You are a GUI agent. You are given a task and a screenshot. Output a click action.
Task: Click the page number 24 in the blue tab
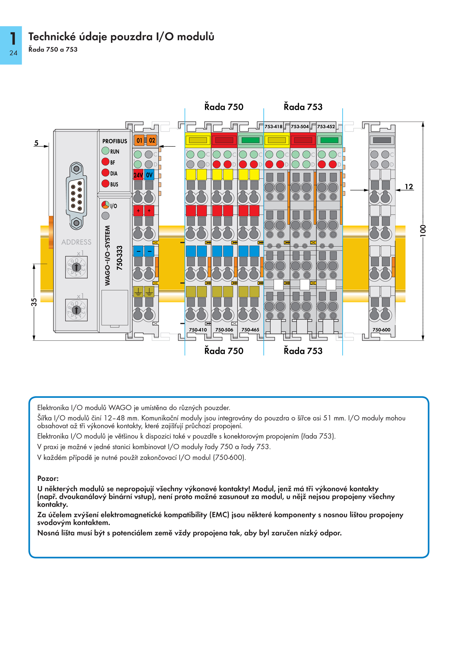pos(13,53)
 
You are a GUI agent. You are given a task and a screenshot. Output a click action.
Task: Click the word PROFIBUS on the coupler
pos(115,141)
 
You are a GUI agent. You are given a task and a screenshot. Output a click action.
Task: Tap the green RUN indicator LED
pos(106,151)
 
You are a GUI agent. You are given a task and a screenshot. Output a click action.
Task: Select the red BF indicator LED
pos(106,162)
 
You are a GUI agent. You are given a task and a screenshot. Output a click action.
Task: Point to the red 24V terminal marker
pos(138,175)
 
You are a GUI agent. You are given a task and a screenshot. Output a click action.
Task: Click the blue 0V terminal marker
pos(149,175)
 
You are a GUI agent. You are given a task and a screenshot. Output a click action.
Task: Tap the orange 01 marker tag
pos(139,140)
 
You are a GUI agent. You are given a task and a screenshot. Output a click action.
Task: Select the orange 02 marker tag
pos(152,140)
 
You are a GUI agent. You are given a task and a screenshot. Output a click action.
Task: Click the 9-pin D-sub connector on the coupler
pos(76,196)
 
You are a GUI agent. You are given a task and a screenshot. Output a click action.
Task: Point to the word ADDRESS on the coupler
pos(76,242)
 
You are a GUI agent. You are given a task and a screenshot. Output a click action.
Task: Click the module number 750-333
pos(120,258)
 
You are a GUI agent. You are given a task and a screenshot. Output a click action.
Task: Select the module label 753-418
pos(273,126)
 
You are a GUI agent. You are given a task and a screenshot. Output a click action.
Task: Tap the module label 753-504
pos(300,126)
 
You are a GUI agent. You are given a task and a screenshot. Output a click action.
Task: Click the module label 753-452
pos(326,126)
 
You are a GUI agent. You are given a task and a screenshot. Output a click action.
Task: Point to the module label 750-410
pos(198,330)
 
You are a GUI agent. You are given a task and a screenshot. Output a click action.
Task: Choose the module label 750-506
pos(224,330)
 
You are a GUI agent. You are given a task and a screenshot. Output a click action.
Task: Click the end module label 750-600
pos(382,330)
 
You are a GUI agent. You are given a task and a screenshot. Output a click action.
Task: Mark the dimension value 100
pos(423,231)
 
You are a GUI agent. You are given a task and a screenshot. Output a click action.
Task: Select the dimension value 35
pos(34,302)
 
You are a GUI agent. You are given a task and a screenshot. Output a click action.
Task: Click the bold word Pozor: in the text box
pos(48,479)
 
